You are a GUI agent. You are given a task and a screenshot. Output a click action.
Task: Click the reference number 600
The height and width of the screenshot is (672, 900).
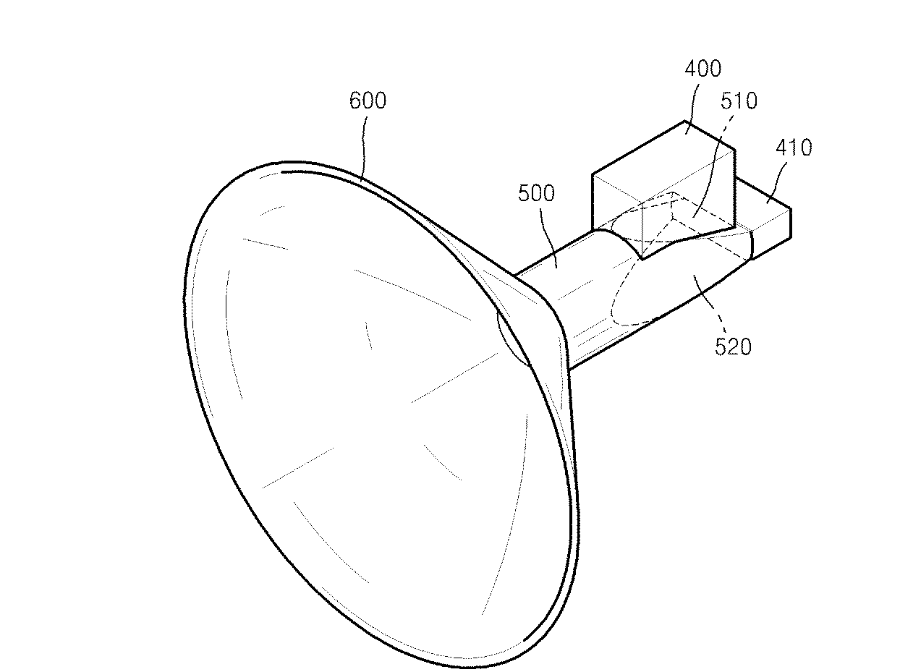click(368, 101)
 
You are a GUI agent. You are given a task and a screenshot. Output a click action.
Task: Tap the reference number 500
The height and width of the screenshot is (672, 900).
click(536, 192)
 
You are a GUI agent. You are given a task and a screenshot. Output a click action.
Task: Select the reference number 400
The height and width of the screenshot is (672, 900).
click(702, 69)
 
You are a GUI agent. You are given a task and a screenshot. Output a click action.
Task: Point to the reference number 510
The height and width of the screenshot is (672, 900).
click(739, 101)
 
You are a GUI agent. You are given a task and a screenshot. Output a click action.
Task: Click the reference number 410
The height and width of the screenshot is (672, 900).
click(794, 148)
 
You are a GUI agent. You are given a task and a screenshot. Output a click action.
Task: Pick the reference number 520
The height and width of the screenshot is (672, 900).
click(733, 346)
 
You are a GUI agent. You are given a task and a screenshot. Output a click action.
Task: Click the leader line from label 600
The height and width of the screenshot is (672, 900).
click(363, 148)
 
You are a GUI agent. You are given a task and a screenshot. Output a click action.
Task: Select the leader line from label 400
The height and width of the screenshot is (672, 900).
click(691, 107)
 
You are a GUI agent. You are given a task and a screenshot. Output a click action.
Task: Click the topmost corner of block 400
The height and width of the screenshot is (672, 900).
click(684, 121)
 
